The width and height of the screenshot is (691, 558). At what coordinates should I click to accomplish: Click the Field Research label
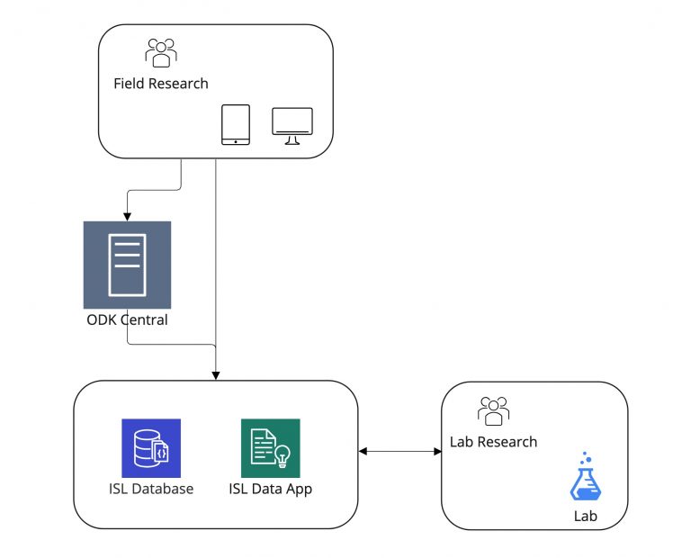[x=160, y=84]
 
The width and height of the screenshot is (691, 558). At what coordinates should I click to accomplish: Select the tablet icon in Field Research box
[x=236, y=124]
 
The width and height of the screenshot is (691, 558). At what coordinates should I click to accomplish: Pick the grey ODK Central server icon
[x=127, y=265]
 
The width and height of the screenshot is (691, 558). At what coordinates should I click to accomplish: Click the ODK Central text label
[x=126, y=319]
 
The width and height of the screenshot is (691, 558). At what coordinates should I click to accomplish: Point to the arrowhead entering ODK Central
[x=127, y=216]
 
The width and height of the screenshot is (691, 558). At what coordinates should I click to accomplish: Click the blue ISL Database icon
[x=151, y=448]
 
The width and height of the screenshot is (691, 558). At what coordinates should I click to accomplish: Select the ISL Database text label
[x=151, y=490]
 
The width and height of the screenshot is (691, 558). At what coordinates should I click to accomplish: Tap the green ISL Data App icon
[x=270, y=448]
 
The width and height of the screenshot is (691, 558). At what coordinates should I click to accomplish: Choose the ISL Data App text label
[x=270, y=490]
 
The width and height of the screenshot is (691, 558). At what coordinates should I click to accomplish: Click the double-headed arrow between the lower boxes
[x=399, y=451]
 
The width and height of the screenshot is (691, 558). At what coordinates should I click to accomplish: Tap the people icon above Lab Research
[x=494, y=410]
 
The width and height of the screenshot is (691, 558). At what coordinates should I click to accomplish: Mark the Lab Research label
[x=493, y=442]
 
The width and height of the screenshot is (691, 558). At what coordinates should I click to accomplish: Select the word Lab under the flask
[x=585, y=517]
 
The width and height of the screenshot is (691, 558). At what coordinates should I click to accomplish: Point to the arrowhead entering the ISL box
[x=216, y=374]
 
